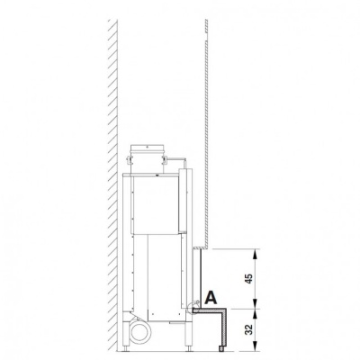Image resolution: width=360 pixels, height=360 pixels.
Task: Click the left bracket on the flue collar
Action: pos(130,158)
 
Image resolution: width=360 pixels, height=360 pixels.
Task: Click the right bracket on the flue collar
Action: pos(165,158)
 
